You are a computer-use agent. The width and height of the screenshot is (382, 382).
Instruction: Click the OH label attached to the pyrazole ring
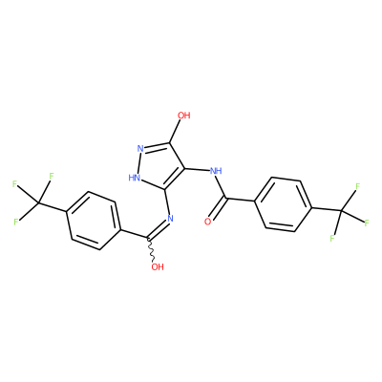(184, 116)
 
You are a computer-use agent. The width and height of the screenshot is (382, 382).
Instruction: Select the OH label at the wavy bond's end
(158, 266)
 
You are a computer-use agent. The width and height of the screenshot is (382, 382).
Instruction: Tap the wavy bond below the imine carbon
(151, 249)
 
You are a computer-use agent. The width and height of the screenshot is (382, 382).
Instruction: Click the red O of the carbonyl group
(208, 222)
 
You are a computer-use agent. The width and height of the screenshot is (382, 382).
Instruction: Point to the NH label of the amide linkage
(216, 171)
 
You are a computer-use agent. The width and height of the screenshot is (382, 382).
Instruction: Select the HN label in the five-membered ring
(135, 178)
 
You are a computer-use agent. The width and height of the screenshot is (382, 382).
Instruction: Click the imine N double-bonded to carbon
(170, 219)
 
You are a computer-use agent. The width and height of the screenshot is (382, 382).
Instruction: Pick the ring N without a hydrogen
(140, 149)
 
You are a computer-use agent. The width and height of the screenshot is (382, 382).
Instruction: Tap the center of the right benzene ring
(284, 205)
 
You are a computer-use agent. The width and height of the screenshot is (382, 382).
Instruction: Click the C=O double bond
(219, 209)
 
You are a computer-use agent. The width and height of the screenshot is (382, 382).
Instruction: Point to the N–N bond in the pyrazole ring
(138, 162)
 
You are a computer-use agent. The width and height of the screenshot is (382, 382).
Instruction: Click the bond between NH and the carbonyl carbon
(222, 187)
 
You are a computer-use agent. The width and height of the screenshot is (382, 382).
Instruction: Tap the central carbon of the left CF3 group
(38, 202)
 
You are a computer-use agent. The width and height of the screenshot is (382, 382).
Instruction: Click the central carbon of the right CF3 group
(341, 210)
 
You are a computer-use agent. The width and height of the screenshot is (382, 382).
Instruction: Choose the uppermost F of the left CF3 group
(52, 176)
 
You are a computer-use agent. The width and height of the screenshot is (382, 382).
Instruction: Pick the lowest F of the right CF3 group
(332, 238)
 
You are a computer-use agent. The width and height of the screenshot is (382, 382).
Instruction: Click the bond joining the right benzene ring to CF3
(327, 209)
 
